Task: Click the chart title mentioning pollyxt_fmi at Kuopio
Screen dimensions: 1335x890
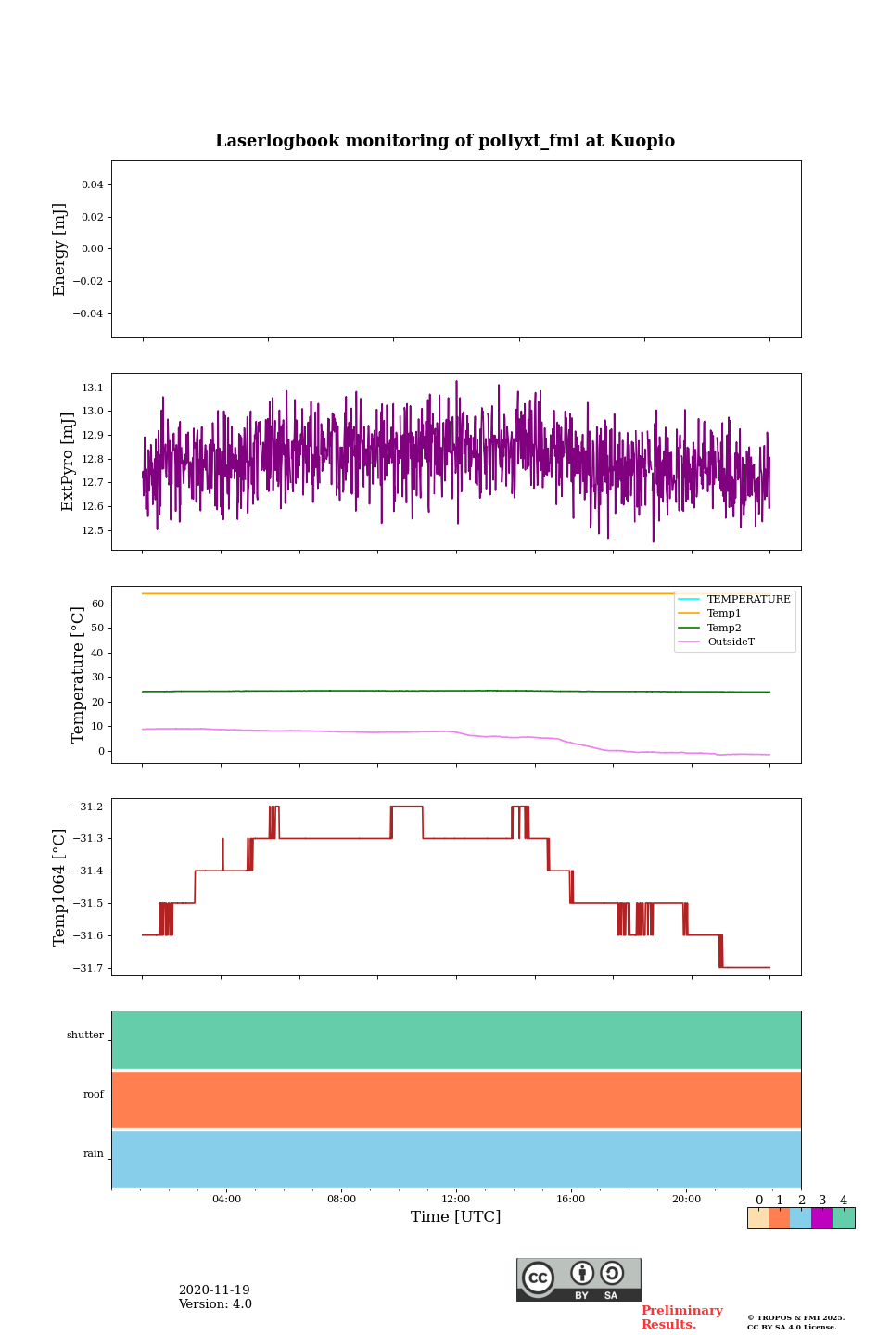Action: point(445,141)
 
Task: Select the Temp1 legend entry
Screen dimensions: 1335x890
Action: point(723,614)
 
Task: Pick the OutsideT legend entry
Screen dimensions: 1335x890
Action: point(730,642)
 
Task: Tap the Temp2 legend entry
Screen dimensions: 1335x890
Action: point(723,629)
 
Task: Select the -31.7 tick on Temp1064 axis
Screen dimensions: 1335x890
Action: point(85,968)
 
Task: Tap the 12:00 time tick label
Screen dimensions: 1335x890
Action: point(456,1200)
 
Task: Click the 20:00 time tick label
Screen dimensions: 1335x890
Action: point(686,1200)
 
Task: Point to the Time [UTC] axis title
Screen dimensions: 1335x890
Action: point(456,1217)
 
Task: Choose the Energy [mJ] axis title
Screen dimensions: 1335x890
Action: point(60,249)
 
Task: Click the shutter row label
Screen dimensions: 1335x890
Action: point(85,1036)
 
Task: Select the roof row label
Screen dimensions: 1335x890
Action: point(94,1095)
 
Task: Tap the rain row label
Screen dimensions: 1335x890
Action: point(94,1154)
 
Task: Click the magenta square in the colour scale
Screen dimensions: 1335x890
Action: point(821,1218)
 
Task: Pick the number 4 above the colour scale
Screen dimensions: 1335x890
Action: point(844,1201)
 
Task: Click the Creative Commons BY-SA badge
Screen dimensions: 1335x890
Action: point(578,1279)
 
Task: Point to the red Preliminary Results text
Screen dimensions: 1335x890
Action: point(681,1317)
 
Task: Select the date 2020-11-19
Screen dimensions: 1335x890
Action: point(214,1290)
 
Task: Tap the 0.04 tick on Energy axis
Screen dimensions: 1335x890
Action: point(92,185)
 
